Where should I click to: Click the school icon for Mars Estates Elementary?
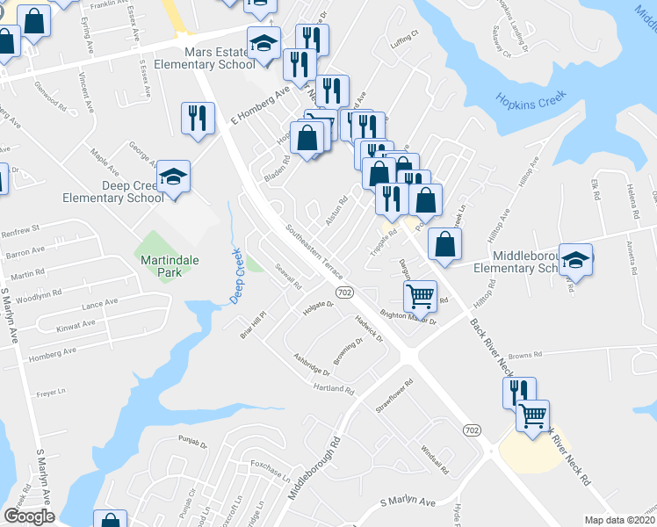click(264, 44)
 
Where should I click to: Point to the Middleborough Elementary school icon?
click(575, 260)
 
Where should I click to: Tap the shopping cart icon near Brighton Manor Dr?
click(421, 297)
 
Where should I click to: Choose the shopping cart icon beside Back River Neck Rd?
click(533, 415)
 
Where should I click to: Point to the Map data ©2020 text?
click(620, 520)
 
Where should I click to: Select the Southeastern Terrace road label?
click(313, 249)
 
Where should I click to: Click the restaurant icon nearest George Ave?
click(197, 119)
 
